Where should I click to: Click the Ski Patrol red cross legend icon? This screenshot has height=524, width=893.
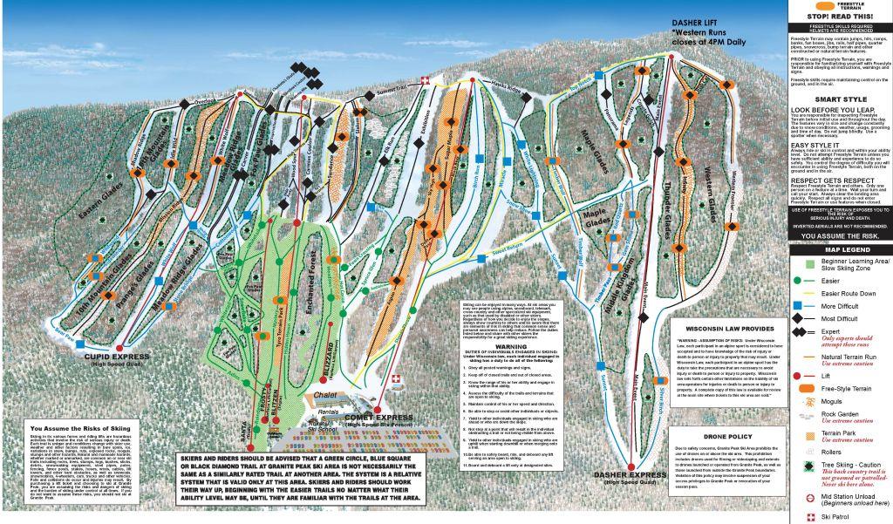pyautogui.click(x=801, y=515)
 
